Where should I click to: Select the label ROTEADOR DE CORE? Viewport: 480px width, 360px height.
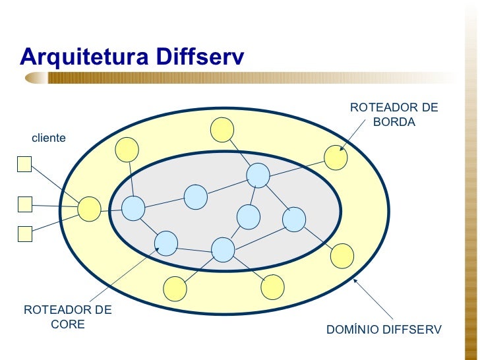[x=68, y=316]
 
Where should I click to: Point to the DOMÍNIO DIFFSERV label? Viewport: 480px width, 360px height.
[x=384, y=329]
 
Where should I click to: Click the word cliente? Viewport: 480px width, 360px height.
[x=49, y=138]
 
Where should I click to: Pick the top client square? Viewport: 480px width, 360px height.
[x=24, y=164]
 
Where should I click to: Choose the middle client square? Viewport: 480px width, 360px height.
[x=24, y=204]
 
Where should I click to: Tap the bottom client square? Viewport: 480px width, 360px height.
[x=24, y=233]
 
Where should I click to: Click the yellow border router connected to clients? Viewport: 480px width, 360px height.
[x=89, y=209]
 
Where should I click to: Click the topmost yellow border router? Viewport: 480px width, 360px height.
[x=222, y=129]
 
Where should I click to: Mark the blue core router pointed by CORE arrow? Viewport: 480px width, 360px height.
[x=166, y=243]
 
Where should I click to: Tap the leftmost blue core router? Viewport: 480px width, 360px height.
[x=133, y=208]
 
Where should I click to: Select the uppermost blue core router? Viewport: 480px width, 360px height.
[x=258, y=175]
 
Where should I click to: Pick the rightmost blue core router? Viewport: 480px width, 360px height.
[x=294, y=219]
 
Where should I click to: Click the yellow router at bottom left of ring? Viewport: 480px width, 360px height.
[x=175, y=288]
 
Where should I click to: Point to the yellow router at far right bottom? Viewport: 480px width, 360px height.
[x=342, y=256]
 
